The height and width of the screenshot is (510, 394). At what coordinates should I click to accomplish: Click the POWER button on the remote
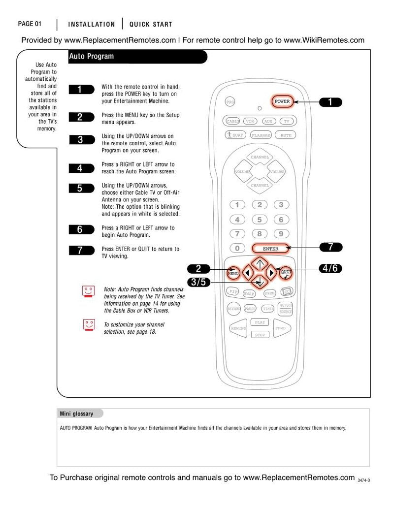pos(282,102)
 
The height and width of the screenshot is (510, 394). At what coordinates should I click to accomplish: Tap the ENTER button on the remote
pos(270,249)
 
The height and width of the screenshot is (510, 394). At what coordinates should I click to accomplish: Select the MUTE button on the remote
pos(285,134)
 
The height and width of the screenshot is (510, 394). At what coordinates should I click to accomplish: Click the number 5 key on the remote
pos(260,220)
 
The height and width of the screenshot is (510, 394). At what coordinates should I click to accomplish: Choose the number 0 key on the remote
pos(237,249)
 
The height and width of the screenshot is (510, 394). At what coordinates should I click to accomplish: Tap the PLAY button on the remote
pos(260,322)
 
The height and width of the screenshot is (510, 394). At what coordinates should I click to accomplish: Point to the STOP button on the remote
pos(260,335)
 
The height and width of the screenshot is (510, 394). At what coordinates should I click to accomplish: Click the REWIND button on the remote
pos(238,328)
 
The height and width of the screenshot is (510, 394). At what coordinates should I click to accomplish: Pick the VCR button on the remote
pos(250,121)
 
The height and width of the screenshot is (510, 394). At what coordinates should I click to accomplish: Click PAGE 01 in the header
pos(30,24)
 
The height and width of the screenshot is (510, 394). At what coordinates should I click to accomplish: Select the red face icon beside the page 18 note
pos(89,325)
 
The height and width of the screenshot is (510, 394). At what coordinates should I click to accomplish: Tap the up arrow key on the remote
pos(260,262)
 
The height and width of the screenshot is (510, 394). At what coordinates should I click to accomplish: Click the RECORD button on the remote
pos(233,309)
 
